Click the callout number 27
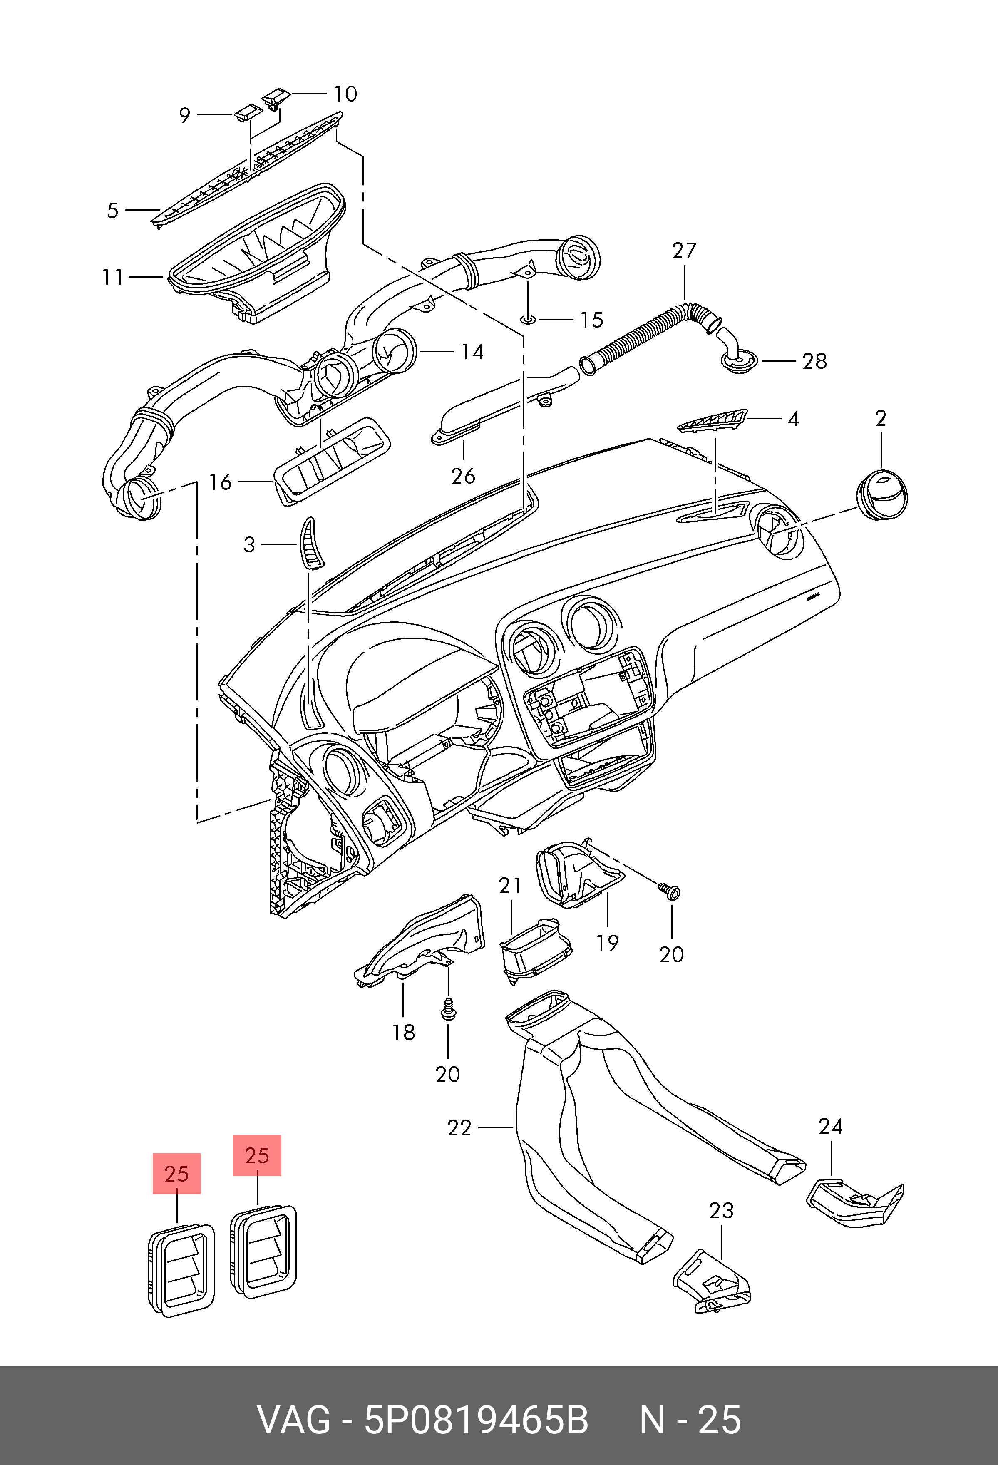coord(684,251)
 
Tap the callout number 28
coord(814,361)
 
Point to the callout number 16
coord(220,482)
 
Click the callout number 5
coord(113,211)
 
